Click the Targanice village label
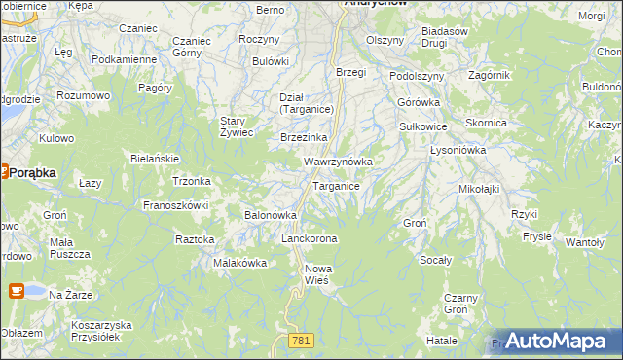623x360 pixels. tap(337, 186)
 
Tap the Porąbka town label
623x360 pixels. tap(34, 172)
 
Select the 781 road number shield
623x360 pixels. tap(301, 340)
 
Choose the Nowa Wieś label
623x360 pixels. tap(317, 273)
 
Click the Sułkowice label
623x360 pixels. tap(423, 126)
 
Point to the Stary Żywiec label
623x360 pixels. tap(237, 126)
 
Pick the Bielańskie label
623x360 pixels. tap(154, 158)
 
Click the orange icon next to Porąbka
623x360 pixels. tap(3, 172)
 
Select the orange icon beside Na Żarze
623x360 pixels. tap(17, 290)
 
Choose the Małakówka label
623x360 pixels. tap(239, 263)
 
